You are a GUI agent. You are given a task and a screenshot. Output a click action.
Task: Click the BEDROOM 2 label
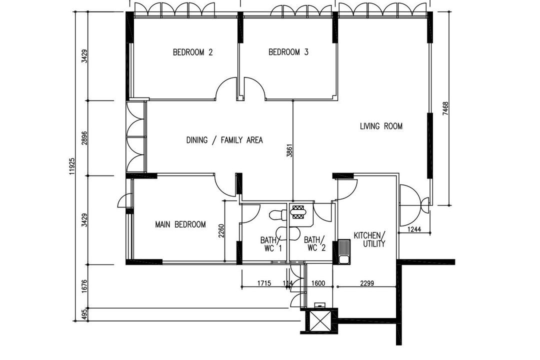(x=193, y=52)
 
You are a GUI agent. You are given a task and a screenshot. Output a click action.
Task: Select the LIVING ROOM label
(x=381, y=126)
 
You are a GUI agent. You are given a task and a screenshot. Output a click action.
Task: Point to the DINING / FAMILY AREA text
(x=224, y=140)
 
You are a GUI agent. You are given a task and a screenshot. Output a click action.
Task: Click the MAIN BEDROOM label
(x=180, y=224)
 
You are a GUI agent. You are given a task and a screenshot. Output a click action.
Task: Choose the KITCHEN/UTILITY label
(x=369, y=239)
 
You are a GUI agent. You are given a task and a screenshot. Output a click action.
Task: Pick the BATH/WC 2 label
(x=315, y=243)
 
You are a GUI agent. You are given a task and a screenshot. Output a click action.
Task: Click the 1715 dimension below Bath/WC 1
(x=264, y=283)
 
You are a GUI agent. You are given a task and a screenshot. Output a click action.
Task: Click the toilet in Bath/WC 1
(x=277, y=215)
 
